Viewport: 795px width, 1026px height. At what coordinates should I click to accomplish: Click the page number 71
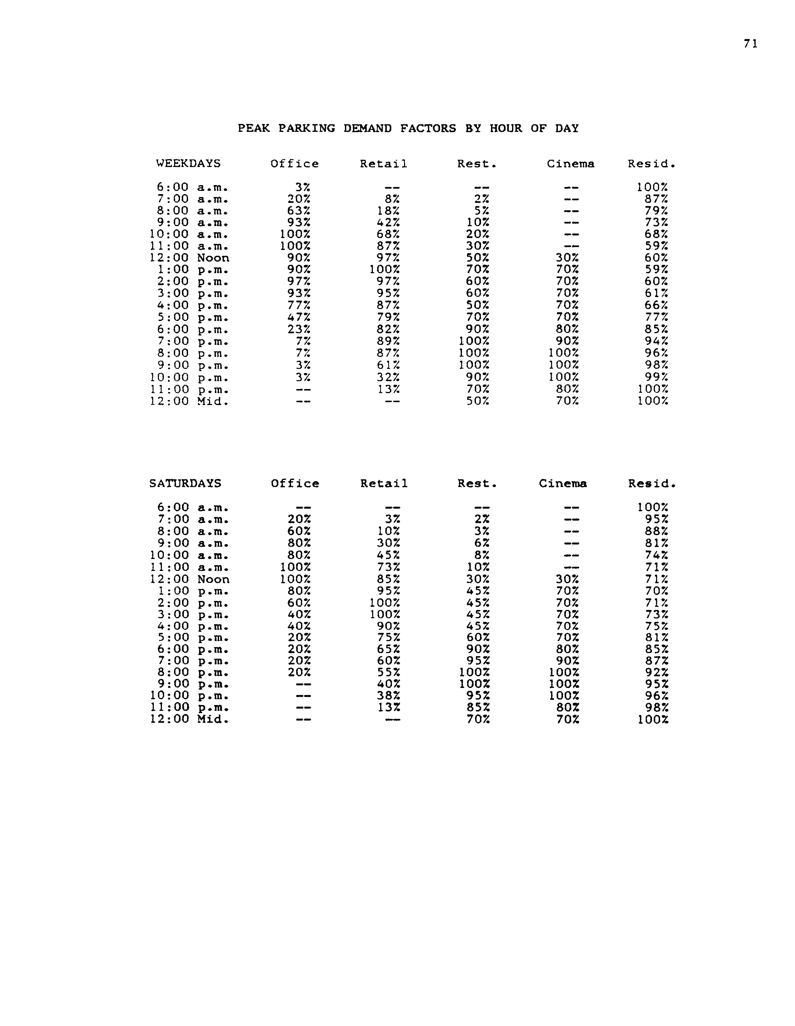[750, 44]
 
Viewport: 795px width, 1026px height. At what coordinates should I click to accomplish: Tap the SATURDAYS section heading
[185, 483]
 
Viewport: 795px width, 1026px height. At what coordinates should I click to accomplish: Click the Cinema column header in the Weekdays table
[570, 164]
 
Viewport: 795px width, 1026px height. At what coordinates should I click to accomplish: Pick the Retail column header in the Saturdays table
[384, 483]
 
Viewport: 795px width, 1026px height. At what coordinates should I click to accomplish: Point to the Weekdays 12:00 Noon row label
[189, 258]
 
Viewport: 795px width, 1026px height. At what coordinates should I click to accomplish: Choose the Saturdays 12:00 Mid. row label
[189, 719]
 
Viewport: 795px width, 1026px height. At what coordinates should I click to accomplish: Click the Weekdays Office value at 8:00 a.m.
[298, 211]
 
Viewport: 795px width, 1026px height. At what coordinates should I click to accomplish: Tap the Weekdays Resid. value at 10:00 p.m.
[656, 377]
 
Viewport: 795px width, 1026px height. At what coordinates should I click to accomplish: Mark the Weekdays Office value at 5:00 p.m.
[298, 317]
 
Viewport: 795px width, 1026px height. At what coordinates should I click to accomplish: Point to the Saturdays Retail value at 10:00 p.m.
[388, 696]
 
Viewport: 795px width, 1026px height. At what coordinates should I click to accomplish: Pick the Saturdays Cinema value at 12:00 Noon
[567, 579]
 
